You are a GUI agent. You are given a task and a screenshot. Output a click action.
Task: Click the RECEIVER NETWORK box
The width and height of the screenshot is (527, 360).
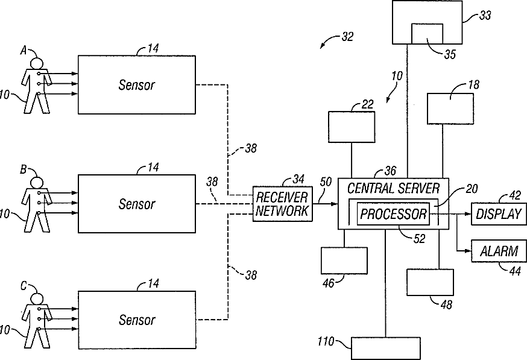[x=282, y=204]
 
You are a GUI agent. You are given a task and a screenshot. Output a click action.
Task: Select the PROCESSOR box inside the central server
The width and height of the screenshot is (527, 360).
[x=393, y=214]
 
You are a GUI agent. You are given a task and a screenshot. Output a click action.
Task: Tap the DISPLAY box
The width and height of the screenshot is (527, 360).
[x=499, y=214]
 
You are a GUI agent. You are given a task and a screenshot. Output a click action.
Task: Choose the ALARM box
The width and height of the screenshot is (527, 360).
[x=499, y=251]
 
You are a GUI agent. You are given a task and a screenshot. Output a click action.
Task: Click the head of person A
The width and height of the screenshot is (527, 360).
[x=36, y=63]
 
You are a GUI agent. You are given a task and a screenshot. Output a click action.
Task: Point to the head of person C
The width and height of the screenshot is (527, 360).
[x=36, y=299]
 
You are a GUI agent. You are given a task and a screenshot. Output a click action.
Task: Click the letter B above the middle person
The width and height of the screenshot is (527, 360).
[x=23, y=169]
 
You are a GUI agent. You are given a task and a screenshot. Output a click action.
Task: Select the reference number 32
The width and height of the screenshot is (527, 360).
[x=347, y=36]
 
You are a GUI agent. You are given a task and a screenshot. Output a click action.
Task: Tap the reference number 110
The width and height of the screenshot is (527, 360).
[x=326, y=342]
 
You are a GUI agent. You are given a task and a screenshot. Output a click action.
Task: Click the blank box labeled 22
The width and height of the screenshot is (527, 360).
[x=352, y=127]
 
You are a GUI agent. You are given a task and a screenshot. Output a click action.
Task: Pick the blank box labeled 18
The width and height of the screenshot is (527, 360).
[x=450, y=109]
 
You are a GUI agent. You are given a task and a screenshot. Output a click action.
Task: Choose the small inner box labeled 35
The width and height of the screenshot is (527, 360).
[x=427, y=34]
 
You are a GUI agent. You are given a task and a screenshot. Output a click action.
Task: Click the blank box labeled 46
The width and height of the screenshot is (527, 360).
[x=344, y=261]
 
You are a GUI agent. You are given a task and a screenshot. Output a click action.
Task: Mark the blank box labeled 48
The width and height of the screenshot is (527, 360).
[x=430, y=282]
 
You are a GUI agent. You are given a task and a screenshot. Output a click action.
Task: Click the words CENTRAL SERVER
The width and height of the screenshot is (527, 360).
[x=393, y=189]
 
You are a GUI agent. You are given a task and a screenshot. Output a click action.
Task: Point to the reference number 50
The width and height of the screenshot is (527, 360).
[x=326, y=182]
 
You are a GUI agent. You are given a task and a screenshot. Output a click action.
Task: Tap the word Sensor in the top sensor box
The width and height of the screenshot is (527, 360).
[x=137, y=85]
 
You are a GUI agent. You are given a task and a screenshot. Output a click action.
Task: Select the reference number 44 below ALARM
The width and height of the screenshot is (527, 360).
[x=515, y=271]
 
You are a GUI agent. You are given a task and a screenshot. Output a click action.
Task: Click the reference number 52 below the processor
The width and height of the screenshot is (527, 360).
[x=420, y=239]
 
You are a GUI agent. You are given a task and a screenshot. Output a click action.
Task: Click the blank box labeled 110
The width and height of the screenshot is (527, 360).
[x=386, y=349]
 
